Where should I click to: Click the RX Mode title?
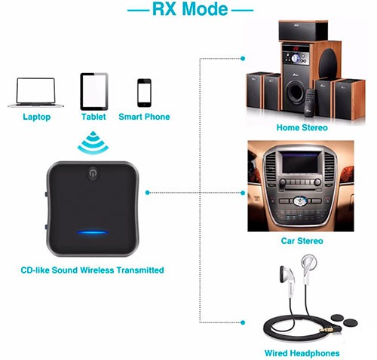(190, 9)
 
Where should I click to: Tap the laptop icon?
(35, 93)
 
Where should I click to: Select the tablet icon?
(94, 91)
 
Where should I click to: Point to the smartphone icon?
(144, 93)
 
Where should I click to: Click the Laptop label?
(37, 117)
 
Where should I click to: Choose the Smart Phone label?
(144, 117)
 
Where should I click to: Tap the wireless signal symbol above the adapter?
(93, 142)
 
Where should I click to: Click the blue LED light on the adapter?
(93, 232)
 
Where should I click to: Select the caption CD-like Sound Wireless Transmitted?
(92, 270)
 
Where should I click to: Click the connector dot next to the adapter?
(148, 193)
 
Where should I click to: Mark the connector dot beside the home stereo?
(243, 59)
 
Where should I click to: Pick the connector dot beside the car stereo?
(243, 193)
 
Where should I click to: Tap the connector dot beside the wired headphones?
(243, 322)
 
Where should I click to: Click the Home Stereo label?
(302, 127)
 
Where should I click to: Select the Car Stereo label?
(302, 241)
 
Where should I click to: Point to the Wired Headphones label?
(302, 353)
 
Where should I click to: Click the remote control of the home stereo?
(310, 103)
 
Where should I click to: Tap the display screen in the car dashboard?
(301, 163)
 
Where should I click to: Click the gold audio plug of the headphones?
(326, 329)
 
